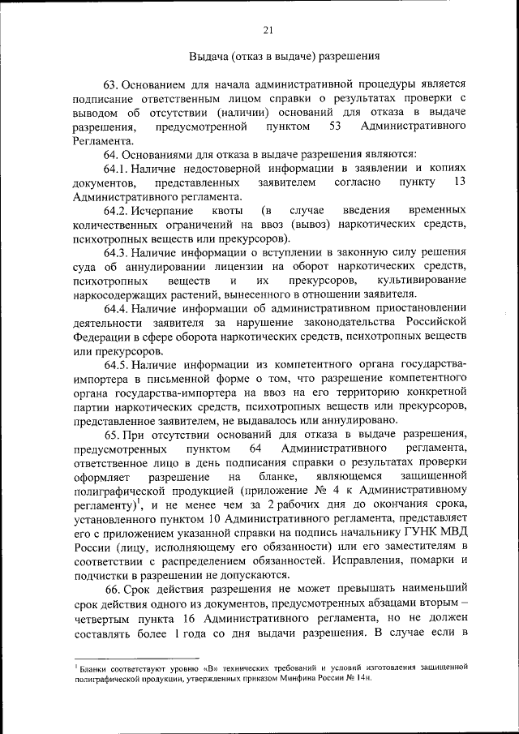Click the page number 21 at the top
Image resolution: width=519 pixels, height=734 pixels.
point(268,31)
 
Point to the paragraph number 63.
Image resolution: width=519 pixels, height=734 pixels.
point(111,84)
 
